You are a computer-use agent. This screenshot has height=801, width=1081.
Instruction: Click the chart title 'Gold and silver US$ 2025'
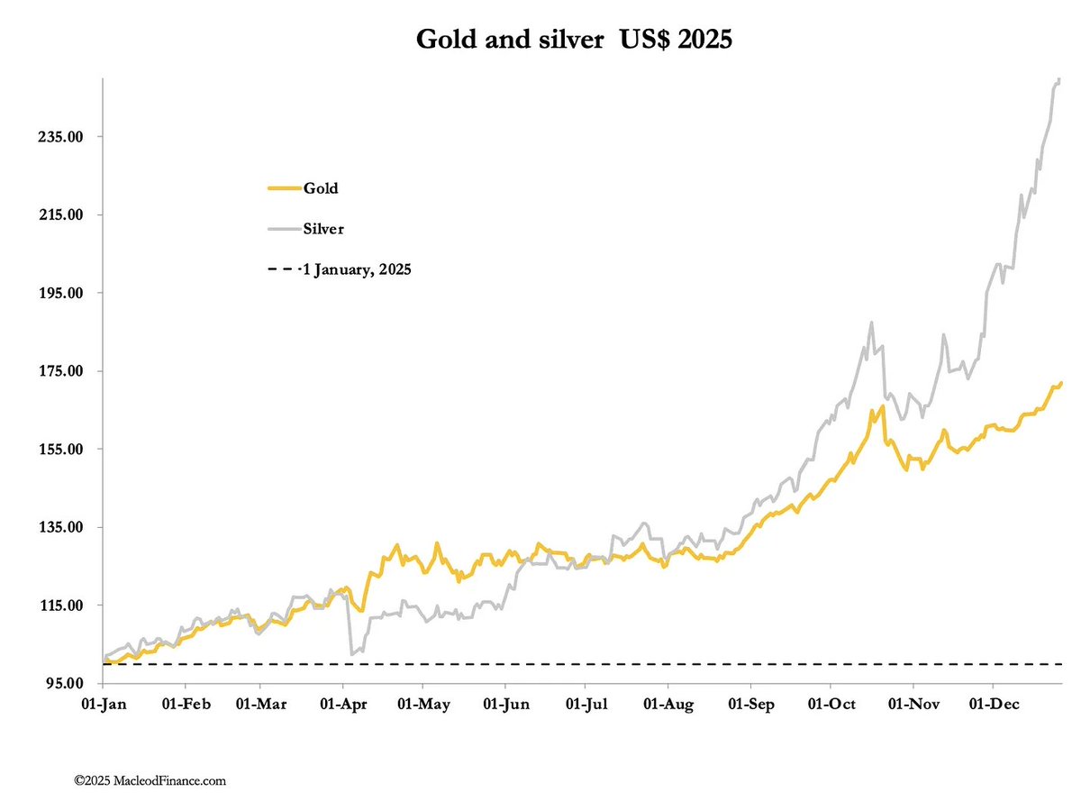pos(573,40)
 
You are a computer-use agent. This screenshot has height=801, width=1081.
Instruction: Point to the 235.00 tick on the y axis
pos(66,137)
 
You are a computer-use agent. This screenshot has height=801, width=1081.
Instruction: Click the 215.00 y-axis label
pos(66,215)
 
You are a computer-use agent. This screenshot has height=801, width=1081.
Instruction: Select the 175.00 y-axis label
pos(66,371)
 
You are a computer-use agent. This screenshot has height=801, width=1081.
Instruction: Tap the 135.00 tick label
pos(66,527)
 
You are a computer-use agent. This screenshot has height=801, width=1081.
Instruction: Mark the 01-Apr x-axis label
pos(343,703)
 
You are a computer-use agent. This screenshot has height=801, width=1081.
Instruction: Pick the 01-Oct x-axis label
pos(831,703)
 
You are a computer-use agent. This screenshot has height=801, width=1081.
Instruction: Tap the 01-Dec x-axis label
pos(994,703)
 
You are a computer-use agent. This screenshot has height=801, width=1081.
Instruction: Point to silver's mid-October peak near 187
pos(871,323)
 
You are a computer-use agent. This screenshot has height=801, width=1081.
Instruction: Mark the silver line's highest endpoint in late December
pos(1059,80)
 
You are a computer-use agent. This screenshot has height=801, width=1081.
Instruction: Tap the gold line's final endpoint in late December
pos(1061,383)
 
